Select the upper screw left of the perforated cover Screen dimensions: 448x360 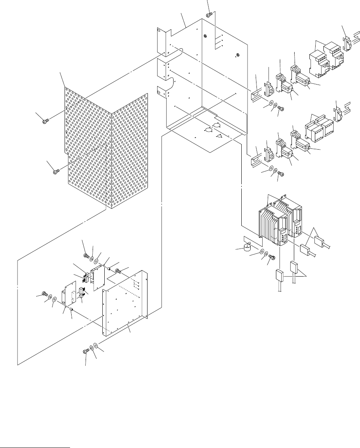pos(44,122)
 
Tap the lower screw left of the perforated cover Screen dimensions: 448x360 pos(56,170)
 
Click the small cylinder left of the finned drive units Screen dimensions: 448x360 pos(246,249)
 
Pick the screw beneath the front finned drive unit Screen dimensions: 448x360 pos(272,258)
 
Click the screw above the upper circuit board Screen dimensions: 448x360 pos(86,256)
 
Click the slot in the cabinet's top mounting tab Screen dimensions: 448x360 pos(159,29)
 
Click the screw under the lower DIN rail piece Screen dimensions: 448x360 pos(282,174)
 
